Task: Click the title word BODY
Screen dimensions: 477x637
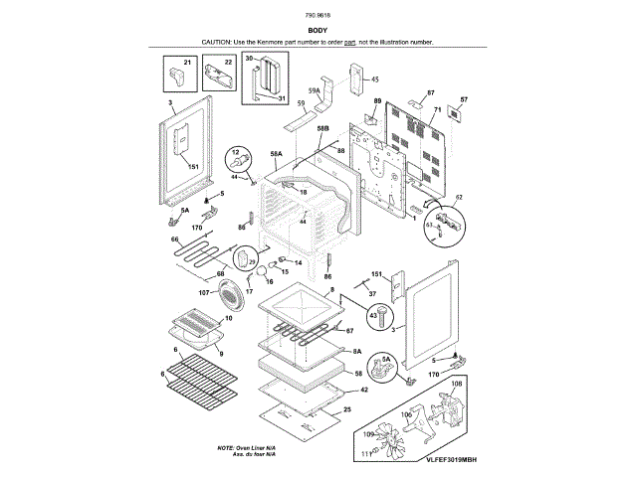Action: click(x=318, y=31)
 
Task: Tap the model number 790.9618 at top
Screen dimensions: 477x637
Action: click(x=318, y=17)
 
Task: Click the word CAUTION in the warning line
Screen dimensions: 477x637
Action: click(x=216, y=43)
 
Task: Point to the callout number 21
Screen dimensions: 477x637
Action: click(x=186, y=63)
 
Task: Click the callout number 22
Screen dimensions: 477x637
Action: click(x=228, y=63)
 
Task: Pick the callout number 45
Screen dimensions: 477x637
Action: click(x=375, y=79)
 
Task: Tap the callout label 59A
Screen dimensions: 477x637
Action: click(x=314, y=90)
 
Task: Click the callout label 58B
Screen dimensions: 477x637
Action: click(x=322, y=128)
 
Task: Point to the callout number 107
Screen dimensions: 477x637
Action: click(x=202, y=292)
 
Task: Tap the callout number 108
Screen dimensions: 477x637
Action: click(x=458, y=383)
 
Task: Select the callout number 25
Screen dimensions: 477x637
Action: click(x=347, y=409)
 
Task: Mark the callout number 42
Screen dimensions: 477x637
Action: click(x=364, y=391)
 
